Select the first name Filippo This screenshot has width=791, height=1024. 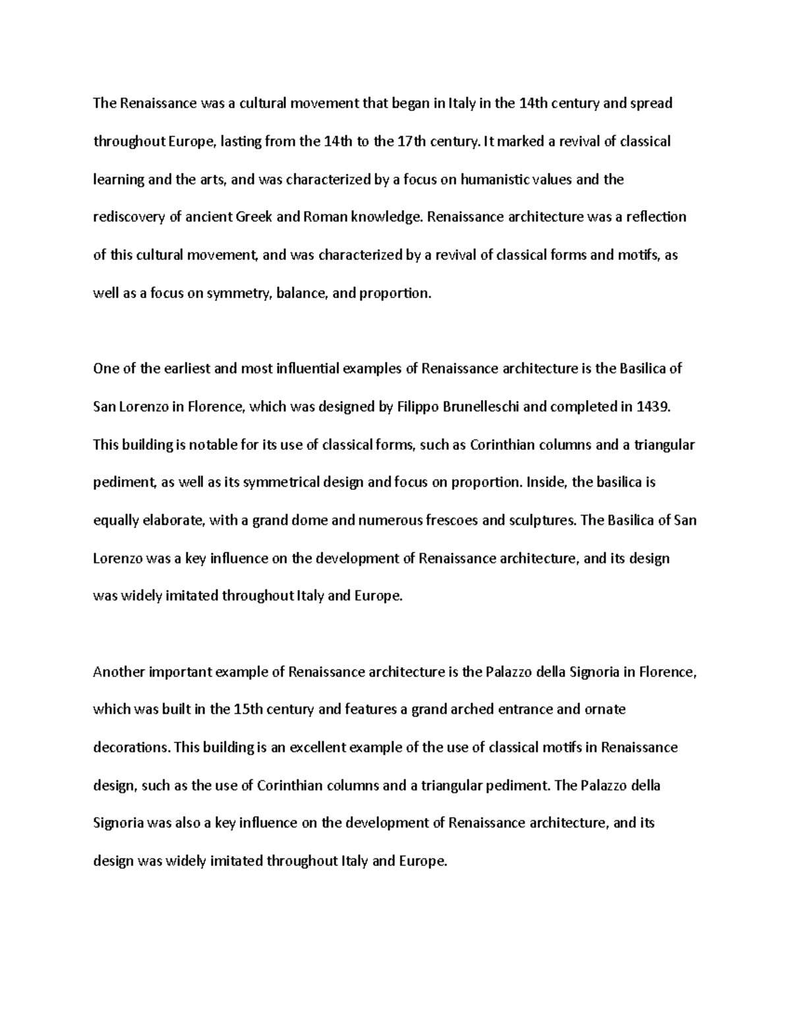point(420,407)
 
